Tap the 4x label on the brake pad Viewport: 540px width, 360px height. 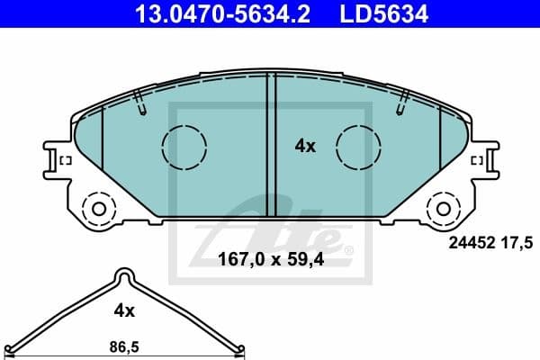coord(306,145)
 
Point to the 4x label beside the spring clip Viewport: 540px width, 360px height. coord(124,310)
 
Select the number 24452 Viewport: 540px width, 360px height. coord(468,240)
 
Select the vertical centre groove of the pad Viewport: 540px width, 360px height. coord(270,148)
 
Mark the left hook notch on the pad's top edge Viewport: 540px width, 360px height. coord(139,103)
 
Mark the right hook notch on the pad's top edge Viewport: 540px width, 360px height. coord(401,103)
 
